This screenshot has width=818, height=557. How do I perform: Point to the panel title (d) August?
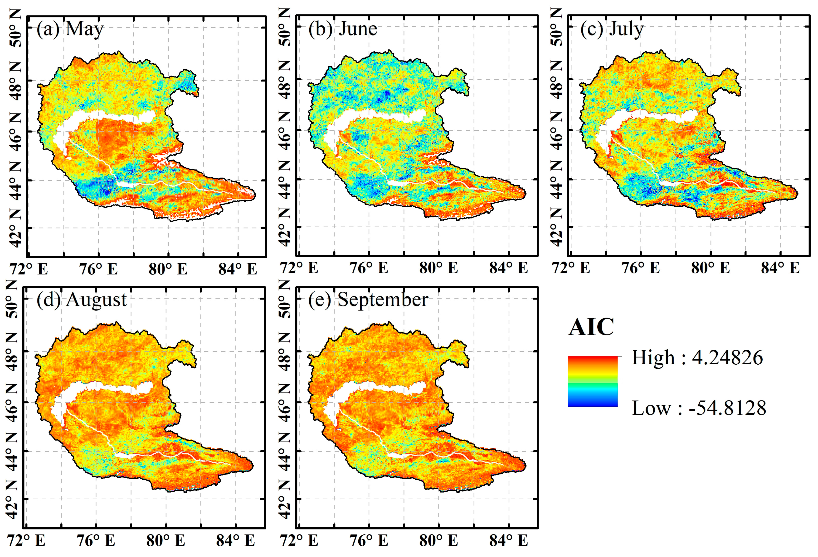pos(81,300)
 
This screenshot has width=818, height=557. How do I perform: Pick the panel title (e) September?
pos(368,300)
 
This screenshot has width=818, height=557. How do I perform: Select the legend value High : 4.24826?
pos(697,358)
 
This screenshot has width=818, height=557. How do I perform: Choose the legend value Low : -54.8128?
pos(699,408)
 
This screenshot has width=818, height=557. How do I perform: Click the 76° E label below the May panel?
pos(98,269)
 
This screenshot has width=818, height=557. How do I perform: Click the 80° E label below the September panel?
pos(438,540)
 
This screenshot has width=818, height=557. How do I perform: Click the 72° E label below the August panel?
pos(26,540)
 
